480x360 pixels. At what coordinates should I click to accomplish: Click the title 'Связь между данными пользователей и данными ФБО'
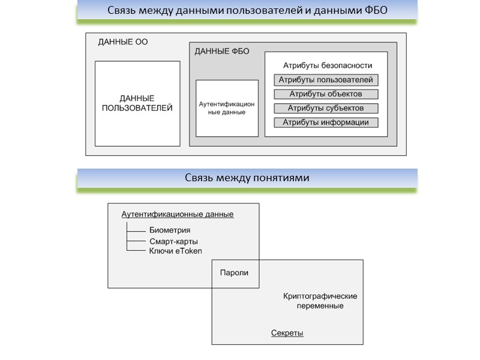(x=247, y=11)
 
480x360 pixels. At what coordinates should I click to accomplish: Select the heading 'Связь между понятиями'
(x=247, y=178)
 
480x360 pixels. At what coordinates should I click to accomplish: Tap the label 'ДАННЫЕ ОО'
(x=122, y=42)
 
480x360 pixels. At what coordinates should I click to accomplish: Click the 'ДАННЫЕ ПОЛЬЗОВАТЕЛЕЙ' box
(x=137, y=103)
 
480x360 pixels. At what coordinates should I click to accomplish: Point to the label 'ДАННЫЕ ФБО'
(x=222, y=52)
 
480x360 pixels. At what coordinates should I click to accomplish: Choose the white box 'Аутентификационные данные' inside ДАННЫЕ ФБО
(x=227, y=108)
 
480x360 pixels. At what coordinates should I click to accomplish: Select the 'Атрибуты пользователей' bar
(x=326, y=80)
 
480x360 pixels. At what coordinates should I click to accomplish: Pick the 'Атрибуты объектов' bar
(x=326, y=94)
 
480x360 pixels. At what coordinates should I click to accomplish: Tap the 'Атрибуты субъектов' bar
(x=326, y=109)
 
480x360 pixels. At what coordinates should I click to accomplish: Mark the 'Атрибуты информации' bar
(x=326, y=123)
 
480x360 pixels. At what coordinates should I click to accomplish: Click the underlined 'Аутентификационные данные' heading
(x=178, y=214)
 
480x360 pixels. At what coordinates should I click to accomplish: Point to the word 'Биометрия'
(x=170, y=230)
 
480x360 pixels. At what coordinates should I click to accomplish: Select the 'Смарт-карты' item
(x=173, y=241)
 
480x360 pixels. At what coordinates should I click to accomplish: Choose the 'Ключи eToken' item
(x=175, y=251)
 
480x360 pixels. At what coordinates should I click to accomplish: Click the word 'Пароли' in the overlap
(x=234, y=272)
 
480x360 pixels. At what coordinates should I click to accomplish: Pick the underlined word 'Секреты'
(x=287, y=333)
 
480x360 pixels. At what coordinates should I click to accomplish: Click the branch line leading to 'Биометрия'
(x=137, y=230)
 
